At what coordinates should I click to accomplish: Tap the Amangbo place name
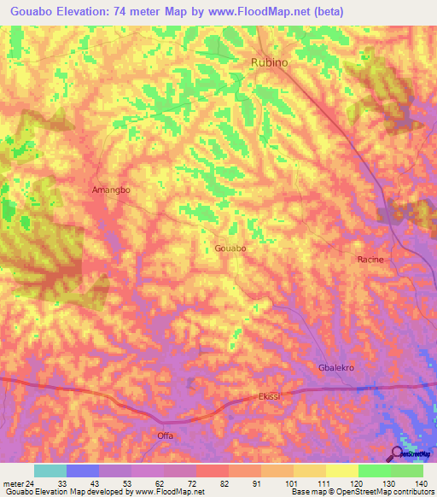pos(111,190)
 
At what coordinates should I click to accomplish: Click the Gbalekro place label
pos(335,366)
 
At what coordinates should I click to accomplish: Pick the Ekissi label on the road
pos(269,397)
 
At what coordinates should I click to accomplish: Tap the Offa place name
pos(165,436)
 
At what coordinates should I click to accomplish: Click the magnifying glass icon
pos(398,453)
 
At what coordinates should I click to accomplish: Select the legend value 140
pos(422,482)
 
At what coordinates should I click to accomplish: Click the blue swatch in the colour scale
pos(83,471)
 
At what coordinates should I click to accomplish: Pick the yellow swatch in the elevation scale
pos(341,471)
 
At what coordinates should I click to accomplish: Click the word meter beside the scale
pos(13,482)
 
